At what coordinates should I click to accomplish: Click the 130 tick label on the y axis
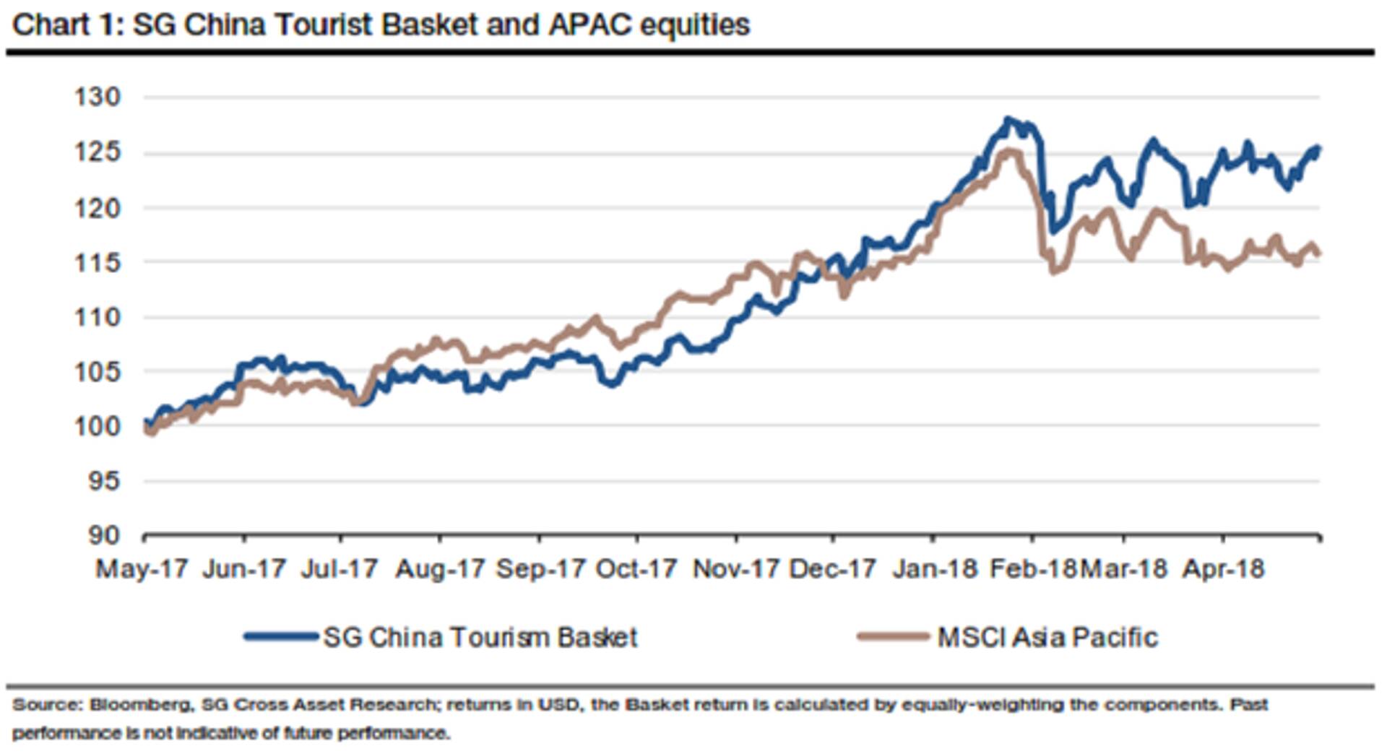point(98,97)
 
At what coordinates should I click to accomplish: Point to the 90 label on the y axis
point(103,535)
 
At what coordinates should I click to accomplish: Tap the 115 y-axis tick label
point(98,262)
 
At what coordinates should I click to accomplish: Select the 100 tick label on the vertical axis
point(98,425)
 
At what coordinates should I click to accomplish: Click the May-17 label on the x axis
point(142,569)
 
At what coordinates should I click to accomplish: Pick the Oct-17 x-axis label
point(636,569)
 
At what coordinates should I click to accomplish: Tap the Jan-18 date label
point(934,569)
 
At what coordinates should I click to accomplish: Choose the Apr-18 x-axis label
point(1223,569)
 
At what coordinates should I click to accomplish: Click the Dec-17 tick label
point(832,569)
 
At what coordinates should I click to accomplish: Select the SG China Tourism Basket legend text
point(480,638)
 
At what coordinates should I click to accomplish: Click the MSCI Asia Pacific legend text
point(1047,638)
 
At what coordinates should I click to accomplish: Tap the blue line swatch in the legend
point(281,637)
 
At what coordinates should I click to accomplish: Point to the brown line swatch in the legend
point(893,637)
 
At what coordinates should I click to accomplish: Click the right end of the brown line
point(1319,253)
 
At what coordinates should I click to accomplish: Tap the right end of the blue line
point(1318,149)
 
